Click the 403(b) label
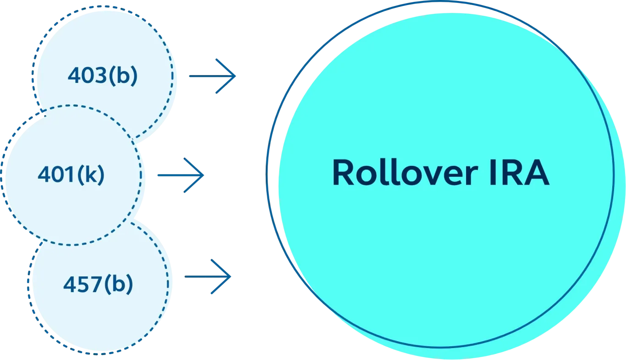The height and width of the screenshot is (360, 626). pos(102,76)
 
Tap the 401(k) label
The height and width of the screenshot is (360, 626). pos(71,174)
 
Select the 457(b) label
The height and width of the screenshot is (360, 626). pos(98,285)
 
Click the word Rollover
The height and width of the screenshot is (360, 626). pos(401,173)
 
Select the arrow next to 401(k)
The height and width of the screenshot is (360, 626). pos(179,175)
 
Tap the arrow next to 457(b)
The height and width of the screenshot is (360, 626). pos(209,277)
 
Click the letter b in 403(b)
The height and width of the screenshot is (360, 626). pos(123,76)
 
